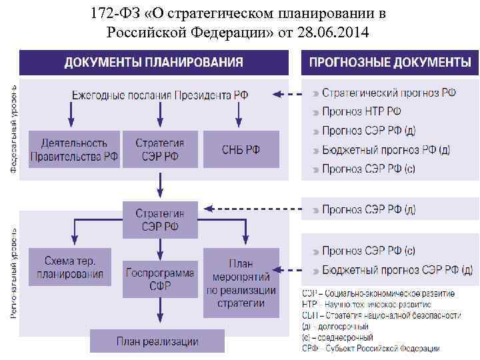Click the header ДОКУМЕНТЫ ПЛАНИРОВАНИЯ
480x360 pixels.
point(153,63)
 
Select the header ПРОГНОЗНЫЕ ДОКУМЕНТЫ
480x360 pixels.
point(390,63)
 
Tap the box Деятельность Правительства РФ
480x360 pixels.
point(74,149)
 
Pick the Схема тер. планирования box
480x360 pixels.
point(71,267)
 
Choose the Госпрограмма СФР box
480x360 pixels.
point(160,279)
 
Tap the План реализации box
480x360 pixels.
point(157,341)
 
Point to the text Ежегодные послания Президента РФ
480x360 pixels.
point(160,95)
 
